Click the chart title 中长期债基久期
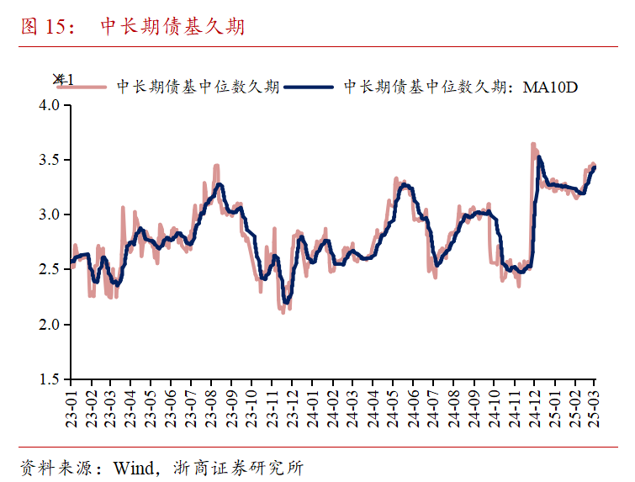[172, 27]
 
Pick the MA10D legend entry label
[461, 87]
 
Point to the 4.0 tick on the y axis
[50, 105]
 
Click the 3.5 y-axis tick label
[50, 160]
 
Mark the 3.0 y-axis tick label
[50, 215]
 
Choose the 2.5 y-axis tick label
[50, 269]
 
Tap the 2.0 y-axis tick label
[50, 325]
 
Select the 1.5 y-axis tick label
[50, 379]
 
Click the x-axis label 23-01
[71, 407]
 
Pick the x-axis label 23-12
[293, 407]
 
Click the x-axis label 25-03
[595, 407]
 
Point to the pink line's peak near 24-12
[533, 145]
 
